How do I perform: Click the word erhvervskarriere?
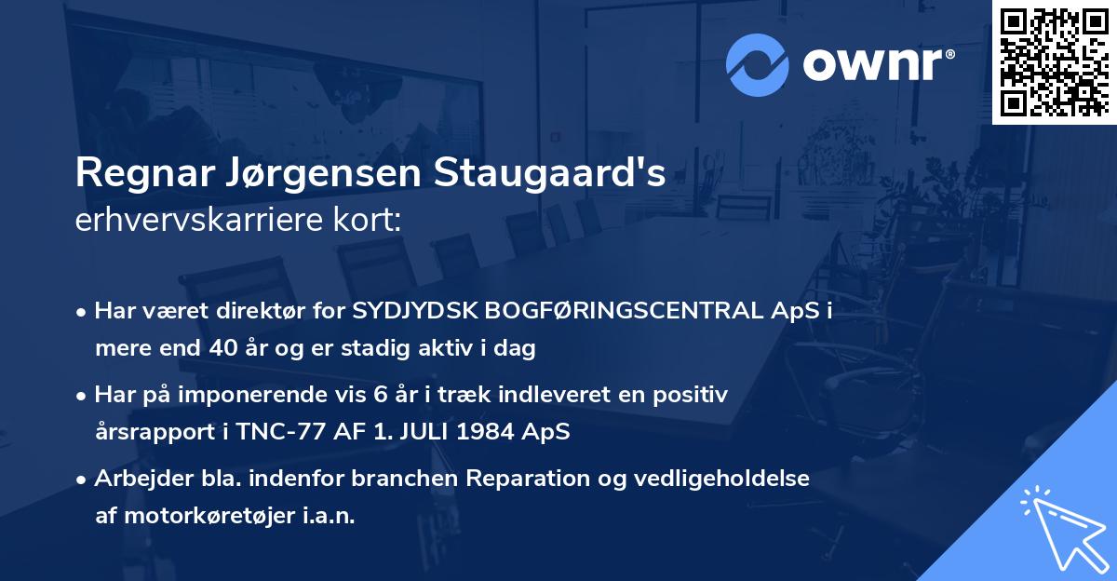[191, 221]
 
